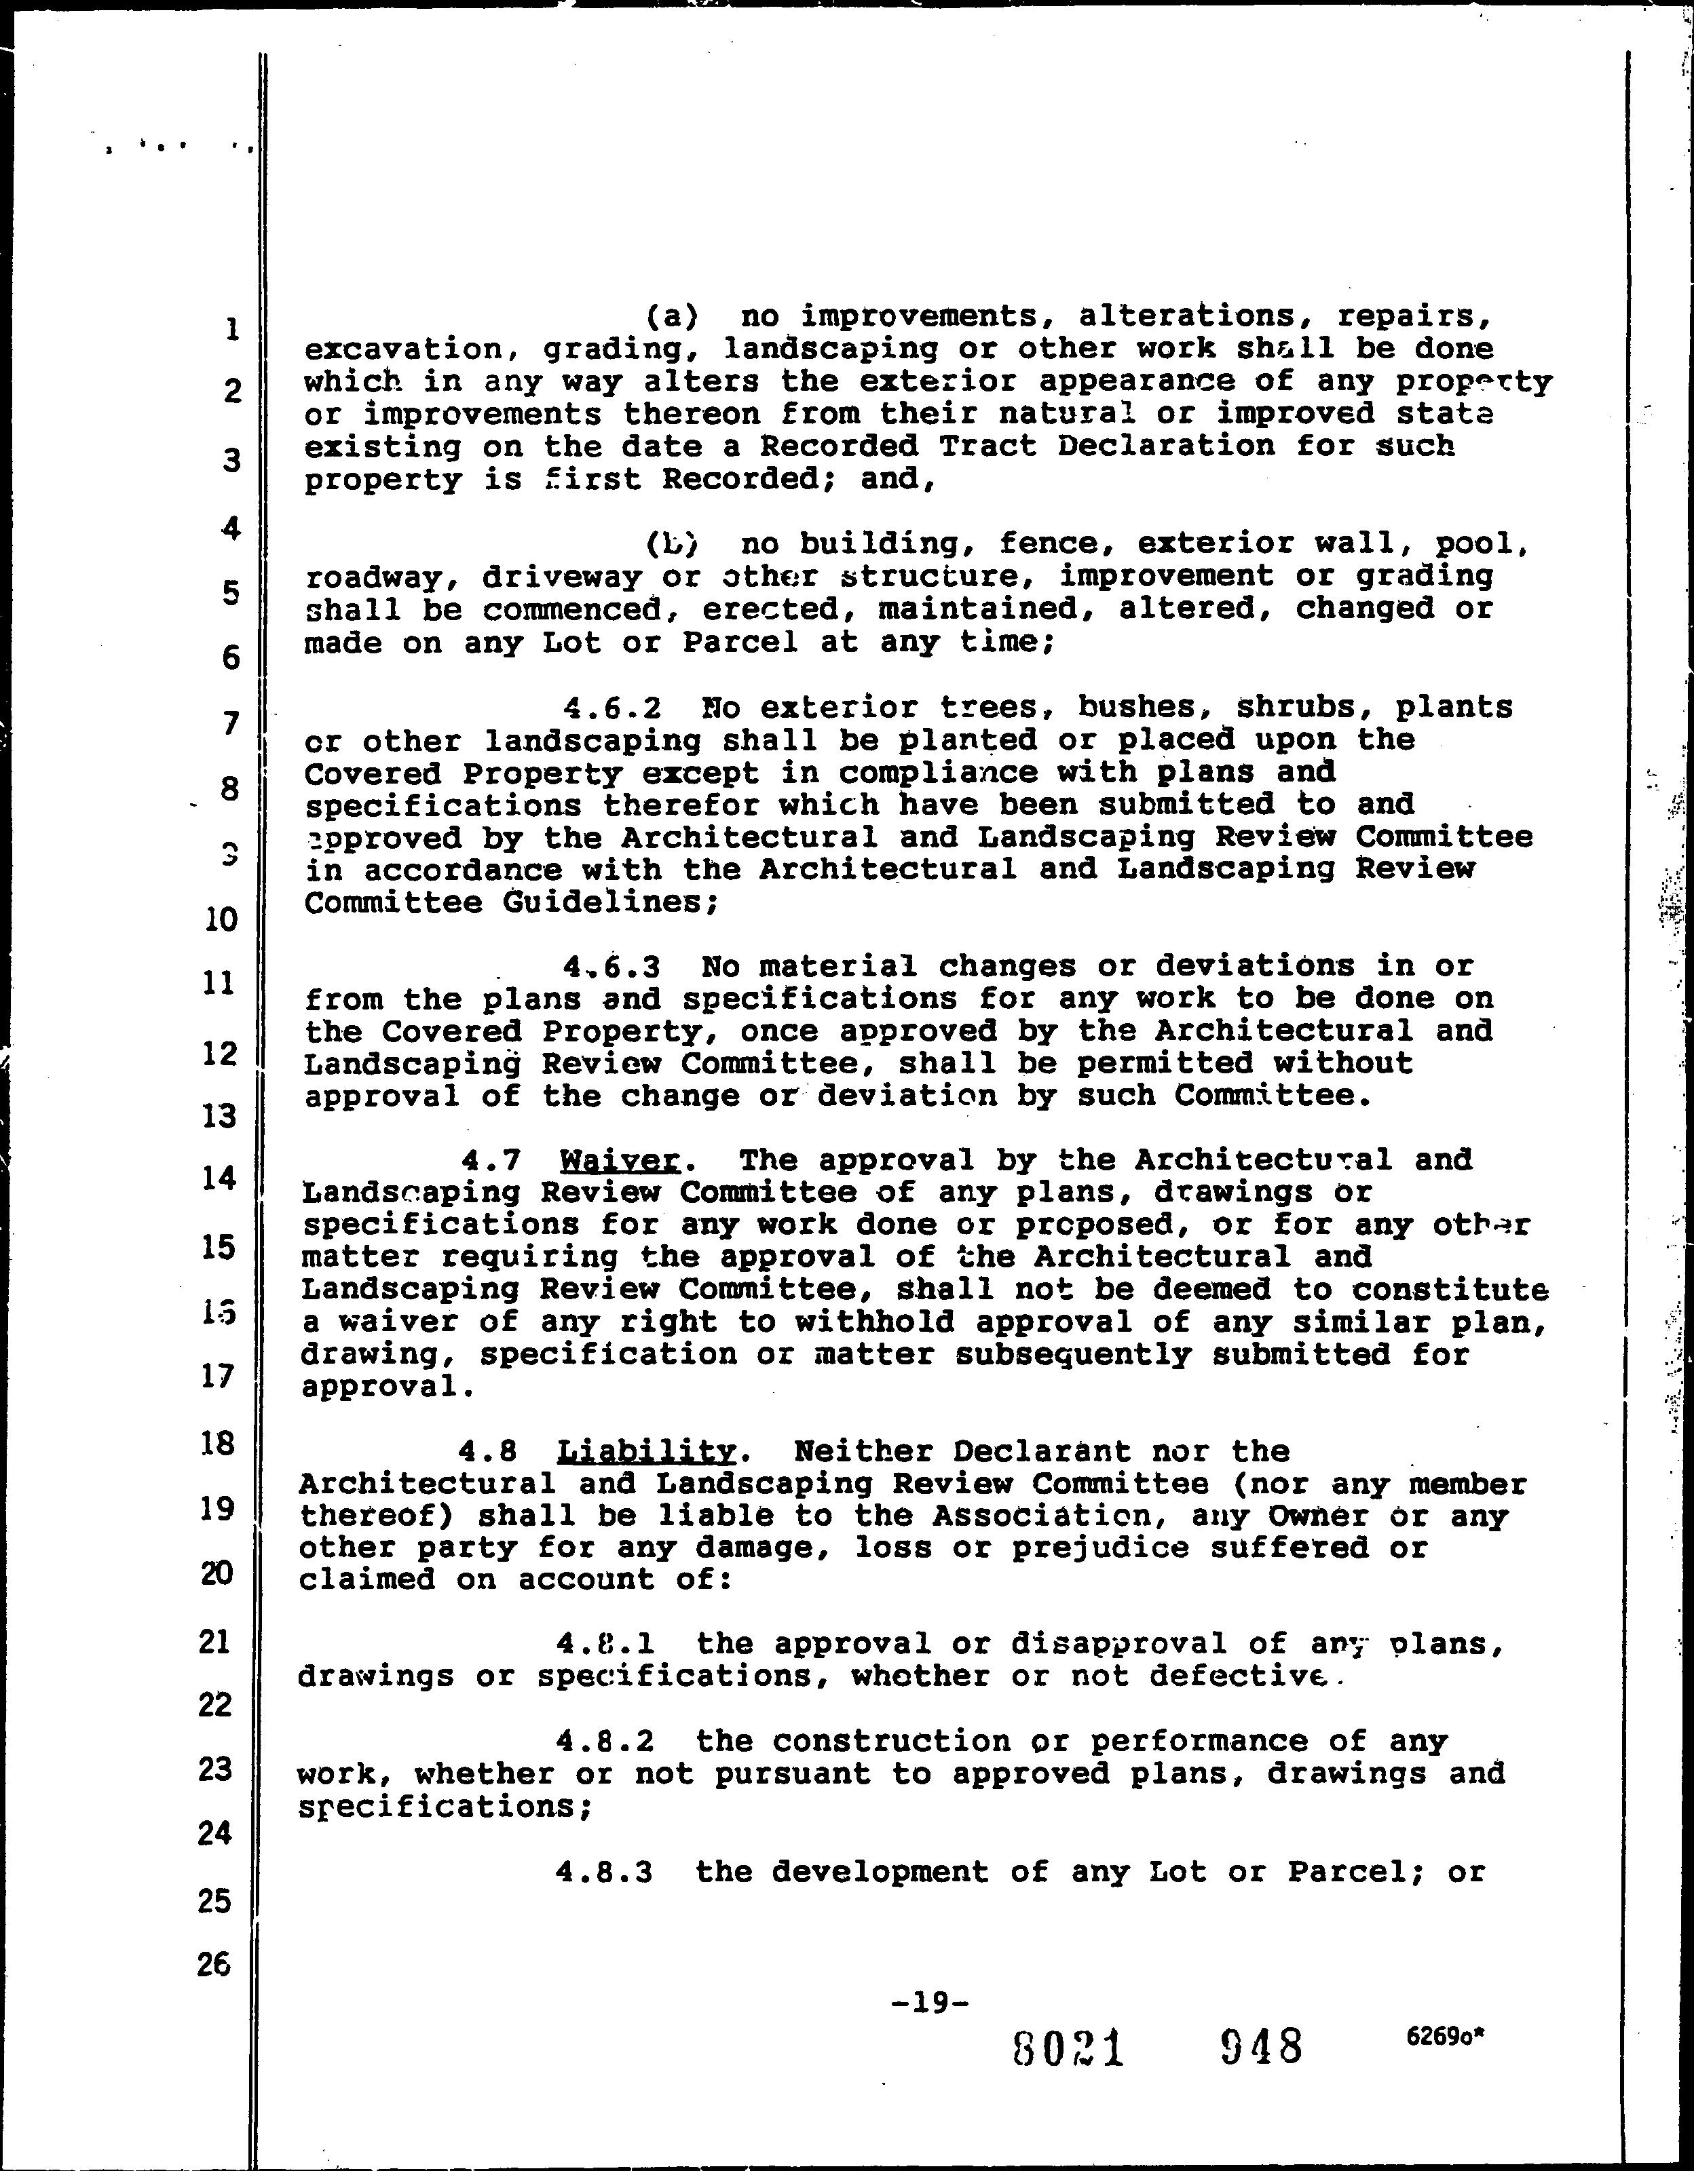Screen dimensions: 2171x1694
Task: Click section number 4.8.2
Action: click(605, 1741)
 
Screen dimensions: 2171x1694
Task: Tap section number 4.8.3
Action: click(605, 1872)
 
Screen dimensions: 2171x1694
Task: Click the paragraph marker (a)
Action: click(672, 317)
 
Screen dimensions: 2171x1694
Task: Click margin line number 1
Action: click(231, 329)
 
